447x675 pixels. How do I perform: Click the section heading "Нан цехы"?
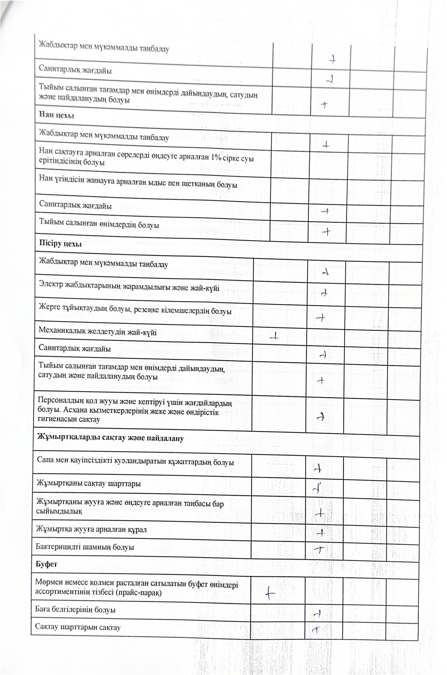(56, 115)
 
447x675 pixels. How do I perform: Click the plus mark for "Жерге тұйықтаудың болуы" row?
(321, 317)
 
